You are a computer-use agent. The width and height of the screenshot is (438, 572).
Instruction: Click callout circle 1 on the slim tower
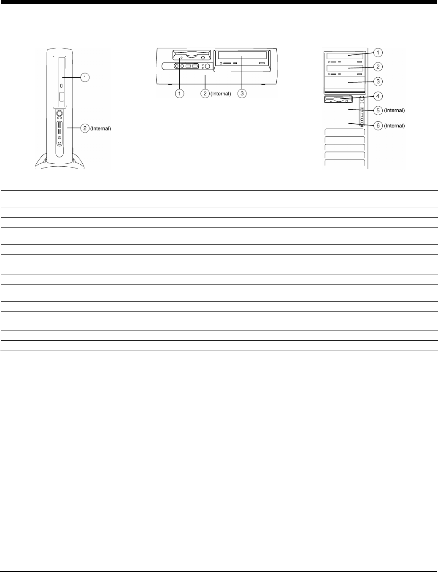(x=85, y=77)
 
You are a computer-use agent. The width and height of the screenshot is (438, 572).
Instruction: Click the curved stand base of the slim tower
(x=59, y=163)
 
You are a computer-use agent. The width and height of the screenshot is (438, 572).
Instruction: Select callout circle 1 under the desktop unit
(x=180, y=93)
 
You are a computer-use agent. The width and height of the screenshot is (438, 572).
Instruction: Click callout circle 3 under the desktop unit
(x=242, y=93)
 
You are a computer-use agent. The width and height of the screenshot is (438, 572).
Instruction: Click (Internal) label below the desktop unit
(x=221, y=94)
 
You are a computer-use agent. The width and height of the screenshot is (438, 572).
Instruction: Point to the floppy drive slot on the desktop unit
(x=191, y=55)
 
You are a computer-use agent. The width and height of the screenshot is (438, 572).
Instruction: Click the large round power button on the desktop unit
(x=207, y=66)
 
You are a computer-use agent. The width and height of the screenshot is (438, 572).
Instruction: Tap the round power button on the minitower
(x=362, y=100)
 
